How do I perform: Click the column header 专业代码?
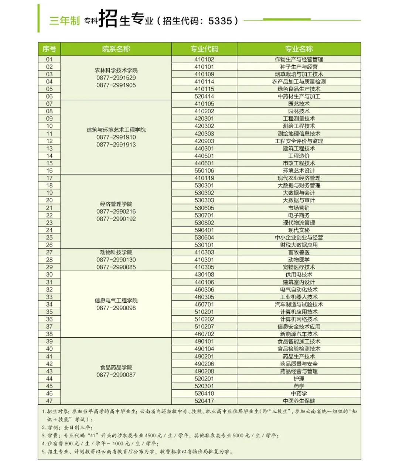[204, 49]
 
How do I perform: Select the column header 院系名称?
[116, 49]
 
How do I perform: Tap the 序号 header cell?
[49, 49]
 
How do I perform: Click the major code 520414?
[204, 96]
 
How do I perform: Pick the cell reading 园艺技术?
[299, 104]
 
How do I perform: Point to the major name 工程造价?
[299, 156]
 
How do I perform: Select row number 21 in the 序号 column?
[49, 208]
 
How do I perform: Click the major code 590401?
[204, 230]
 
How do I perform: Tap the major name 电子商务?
[299, 215]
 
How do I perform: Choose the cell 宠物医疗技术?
[299, 267]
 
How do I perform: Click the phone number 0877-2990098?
[116, 308]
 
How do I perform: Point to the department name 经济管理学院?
[116, 204]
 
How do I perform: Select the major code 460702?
[204, 334]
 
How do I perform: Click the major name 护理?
[299, 378]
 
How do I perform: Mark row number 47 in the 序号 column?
[49, 400]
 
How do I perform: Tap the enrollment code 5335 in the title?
[220, 21]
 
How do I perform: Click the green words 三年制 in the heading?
[65, 21]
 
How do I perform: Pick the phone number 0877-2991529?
[116, 78]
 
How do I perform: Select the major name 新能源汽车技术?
[299, 334]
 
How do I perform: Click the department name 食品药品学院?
[116, 367]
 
